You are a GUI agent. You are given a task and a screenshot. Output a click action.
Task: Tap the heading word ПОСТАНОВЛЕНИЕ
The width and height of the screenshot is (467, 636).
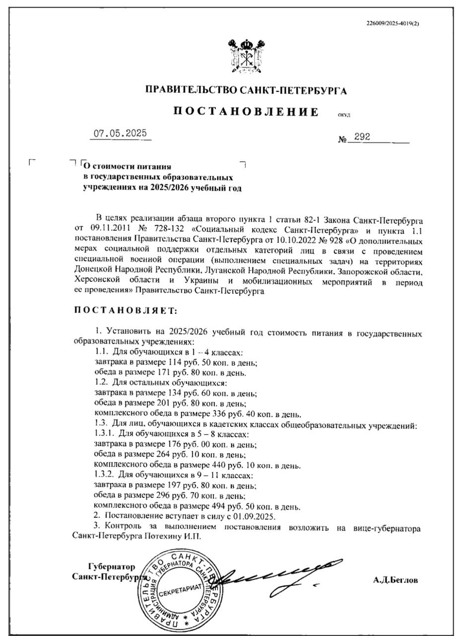click(x=246, y=111)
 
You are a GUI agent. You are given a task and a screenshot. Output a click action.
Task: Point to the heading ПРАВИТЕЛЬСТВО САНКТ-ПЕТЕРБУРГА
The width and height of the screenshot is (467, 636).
click(x=246, y=90)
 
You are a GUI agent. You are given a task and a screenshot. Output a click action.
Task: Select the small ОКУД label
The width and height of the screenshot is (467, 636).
click(x=344, y=115)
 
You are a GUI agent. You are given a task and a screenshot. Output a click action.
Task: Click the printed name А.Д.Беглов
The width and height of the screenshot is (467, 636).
click(x=396, y=580)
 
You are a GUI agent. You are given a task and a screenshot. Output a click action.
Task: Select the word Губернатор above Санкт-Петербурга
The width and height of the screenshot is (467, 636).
click(x=112, y=566)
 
